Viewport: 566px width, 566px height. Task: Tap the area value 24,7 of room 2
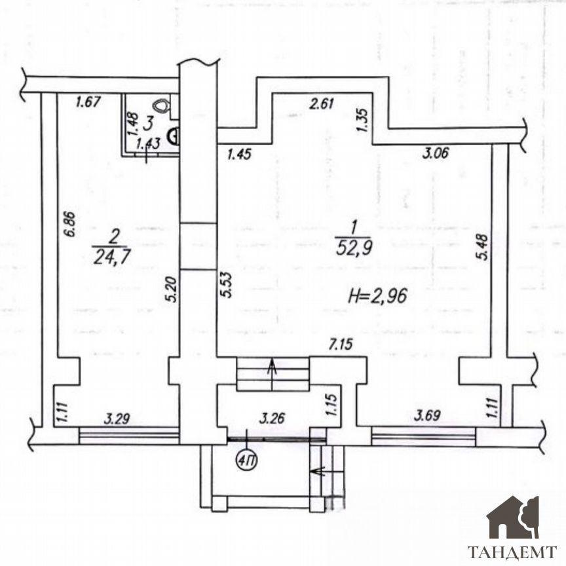click(111, 257)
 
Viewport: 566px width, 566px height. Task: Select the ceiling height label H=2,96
click(377, 296)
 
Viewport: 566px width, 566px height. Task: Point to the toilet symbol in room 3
click(161, 105)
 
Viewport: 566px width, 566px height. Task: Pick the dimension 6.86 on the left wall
click(70, 224)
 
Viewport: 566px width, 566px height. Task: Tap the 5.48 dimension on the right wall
click(483, 247)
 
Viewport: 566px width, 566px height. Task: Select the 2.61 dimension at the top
click(322, 104)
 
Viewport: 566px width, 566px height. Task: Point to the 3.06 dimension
click(436, 153)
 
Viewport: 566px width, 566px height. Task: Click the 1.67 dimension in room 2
click(88, 102)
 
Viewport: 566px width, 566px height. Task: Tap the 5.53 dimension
click(226, 285)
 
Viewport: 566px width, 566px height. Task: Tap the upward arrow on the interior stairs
click(272, 375)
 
